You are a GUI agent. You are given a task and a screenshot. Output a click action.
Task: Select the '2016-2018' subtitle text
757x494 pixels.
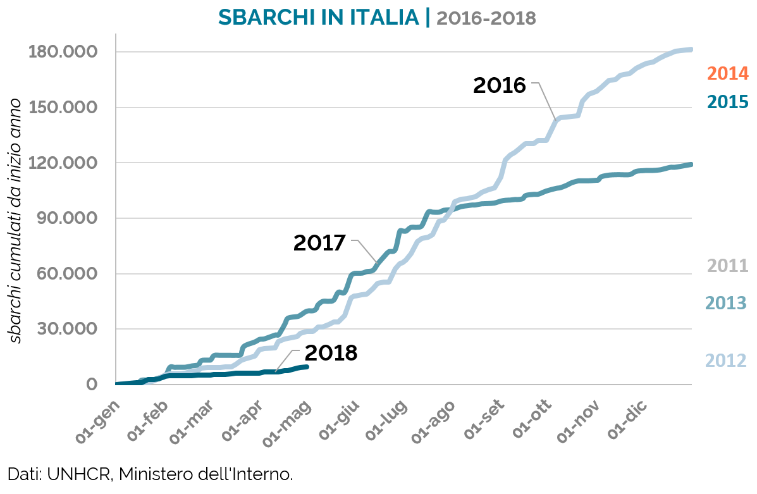pyautogui.click(x=486, y=18)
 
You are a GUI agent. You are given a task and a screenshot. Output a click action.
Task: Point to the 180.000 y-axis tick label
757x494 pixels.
pyautogui.click(x=62, y=51)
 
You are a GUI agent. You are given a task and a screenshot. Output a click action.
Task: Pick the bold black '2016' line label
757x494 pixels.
pyautogui.click(x=500, y=85)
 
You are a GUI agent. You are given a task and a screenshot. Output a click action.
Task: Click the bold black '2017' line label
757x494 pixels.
pyautogui.click(x=319, y=243)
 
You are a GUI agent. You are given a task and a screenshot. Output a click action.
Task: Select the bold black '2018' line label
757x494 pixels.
pyautogui.click(x=331, y=353)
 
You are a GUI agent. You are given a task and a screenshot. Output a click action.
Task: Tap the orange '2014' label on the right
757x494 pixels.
pyautogui.click(x=727, y=73)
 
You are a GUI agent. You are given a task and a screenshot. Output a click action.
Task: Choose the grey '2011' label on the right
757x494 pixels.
pyautogui.click(x=727, y=266)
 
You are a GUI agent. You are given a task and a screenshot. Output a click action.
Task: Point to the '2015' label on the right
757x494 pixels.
pyautogui.click(x=727, y=102)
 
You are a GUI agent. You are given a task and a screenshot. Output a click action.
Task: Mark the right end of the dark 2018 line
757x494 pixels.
pyautogui.click(x=307, y=366)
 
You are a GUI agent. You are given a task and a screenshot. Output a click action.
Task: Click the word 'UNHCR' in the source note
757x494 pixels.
pyautogui.click(x=78, y=473)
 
